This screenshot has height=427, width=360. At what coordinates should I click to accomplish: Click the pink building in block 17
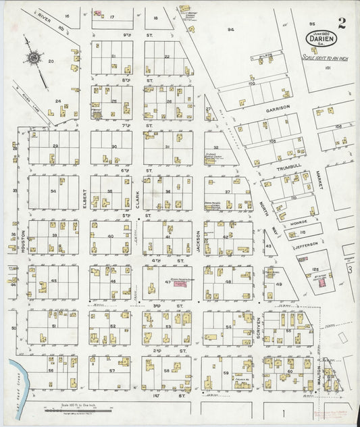click(x=97, y=13)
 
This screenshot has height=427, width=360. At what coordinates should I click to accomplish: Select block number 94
click(x=230, y=29)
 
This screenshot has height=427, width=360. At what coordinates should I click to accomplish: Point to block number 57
click(x=112, y=371)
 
